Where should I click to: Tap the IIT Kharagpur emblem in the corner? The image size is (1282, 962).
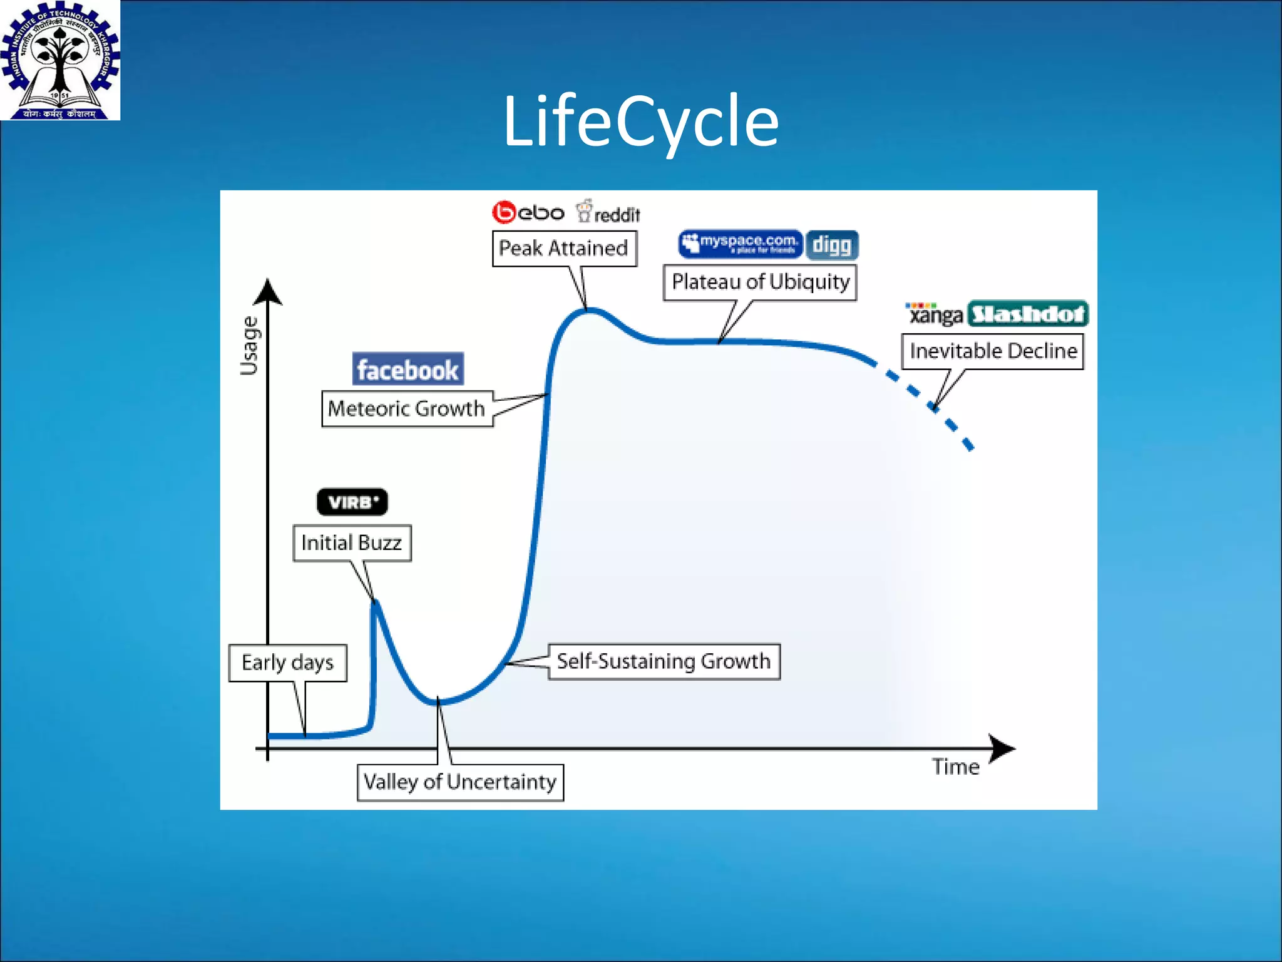tap(59, 60)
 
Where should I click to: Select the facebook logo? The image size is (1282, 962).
tap(408, 370)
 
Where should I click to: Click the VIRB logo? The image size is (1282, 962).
tap(352, 502)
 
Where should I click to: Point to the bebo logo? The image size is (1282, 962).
tap(528, 213)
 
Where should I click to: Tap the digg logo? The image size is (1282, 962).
tap(831, 245)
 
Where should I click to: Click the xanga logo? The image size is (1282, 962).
tap(935, 314)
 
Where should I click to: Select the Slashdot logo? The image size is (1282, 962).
tap(1028, 314)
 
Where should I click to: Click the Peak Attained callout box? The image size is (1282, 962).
tap(563, 249)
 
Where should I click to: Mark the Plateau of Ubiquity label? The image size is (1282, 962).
tap(760, 282)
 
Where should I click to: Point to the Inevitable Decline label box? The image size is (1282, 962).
tap(993, 351)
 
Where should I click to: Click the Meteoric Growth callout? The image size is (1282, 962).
tap(407, 409)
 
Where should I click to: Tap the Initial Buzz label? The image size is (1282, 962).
tap(352, 543)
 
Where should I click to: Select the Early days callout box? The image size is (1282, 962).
tap(287, 663)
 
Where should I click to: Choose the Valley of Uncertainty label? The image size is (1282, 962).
tap(460, 782)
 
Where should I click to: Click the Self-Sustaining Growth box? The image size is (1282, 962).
tap(664, 661)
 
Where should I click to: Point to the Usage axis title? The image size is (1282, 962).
tap(249, 346)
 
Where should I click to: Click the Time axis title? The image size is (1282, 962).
tap(955, 767)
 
